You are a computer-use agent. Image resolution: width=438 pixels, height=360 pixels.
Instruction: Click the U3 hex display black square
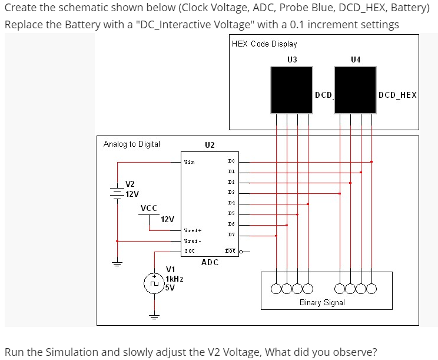click(x=291, y=89)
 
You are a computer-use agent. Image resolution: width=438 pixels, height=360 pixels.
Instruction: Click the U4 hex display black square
click(x=355, y=89)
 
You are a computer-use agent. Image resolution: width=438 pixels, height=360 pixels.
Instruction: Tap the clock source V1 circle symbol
click(x=154, y=283)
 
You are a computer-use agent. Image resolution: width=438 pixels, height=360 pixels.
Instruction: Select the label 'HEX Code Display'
click(x=264, y=44)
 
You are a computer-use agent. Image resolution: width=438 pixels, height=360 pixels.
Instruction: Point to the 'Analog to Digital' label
click(x=131, y=144)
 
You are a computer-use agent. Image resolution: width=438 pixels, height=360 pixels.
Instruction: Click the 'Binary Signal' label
click(x=322, y=302)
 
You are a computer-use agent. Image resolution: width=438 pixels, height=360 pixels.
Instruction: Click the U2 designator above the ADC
click(x=210, y=145)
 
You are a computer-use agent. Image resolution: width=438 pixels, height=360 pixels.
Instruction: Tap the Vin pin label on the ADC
click(x=189, y=161)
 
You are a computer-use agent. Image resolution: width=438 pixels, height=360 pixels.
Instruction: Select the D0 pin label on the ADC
click(x=231, y=160)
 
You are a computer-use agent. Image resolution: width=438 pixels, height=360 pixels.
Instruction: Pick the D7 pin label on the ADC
click(x=231, y=236)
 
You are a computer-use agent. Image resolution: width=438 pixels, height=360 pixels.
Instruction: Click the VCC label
click(x=149, y=208)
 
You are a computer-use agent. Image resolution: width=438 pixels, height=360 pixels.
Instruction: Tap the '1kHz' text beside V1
click(x=174, y=279)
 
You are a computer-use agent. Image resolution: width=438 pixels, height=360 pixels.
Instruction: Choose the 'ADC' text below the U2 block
click(x=210, y=262)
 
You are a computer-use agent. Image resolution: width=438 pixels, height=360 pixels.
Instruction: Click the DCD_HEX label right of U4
click(x=397, y=95)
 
